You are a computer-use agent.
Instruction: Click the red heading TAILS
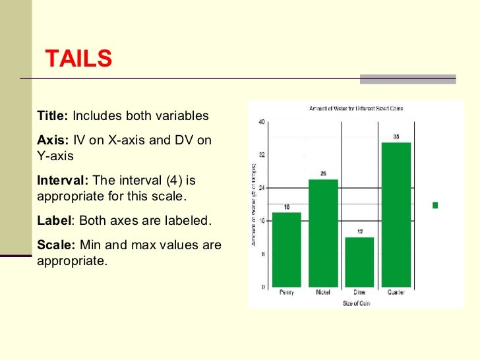(x=78, y=59)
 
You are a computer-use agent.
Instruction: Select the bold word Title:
(x=53, y=116)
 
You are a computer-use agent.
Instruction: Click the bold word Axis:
(x=53, y=140)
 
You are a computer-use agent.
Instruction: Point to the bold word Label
(x=53, y=220)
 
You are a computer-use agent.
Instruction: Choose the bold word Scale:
(x=57, y=245)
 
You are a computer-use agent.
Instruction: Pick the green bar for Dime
(x=359, y=262)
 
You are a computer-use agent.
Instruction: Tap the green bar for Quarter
(x=396, y=214)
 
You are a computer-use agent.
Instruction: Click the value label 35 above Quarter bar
(x=396, y=137)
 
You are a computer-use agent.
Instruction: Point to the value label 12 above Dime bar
(x=359, y=232)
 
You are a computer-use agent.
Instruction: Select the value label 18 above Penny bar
(x=286, y=207)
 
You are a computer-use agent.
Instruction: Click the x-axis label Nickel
(x=323, y=292)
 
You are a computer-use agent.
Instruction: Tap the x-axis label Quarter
(x=396, y=292)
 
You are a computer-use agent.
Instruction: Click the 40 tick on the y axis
(x=262, y=122)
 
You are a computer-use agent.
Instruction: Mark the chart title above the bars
(x=356, y=107)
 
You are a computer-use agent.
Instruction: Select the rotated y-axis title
(x=253, y=204)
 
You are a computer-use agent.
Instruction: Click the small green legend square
(x=435, y=205)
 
